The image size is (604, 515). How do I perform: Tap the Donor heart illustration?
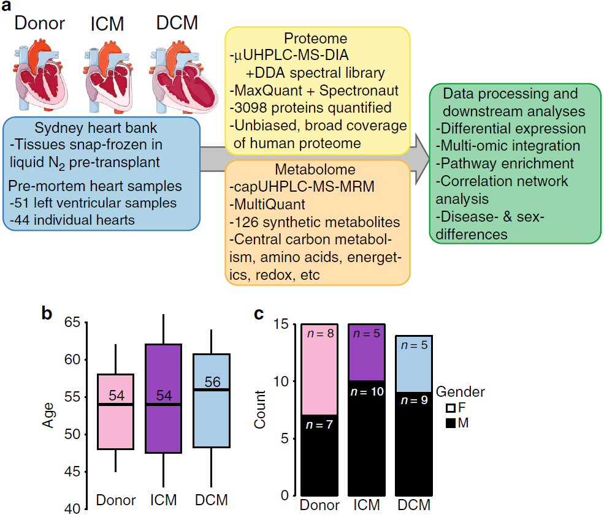pyautogui.click(x=40, y=75)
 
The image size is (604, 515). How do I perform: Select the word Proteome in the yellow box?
pyautogui.click(x=315, y=39)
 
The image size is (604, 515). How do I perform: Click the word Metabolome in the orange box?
pyautogui.click(x=315, y=169)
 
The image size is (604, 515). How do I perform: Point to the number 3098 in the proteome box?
pyautogui.click(x=251, y=108)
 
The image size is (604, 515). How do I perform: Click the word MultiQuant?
pyautogui.click(x=270, y=205)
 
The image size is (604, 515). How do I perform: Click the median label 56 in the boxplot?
pyautogui.click(x=212, y=382)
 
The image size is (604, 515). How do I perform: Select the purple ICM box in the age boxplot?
pyautogui.click(x=163, y=399)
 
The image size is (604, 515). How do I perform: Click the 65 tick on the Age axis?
pyautogui.click(x=72, y=322)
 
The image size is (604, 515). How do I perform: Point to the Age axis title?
pyautogui.click(x=48, y=415)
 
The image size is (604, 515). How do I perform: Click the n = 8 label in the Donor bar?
pyautogui.click(x=320, y=334)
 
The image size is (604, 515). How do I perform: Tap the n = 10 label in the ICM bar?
pyautogui.click(x=367, y=391)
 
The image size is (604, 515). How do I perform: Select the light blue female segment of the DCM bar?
pyautogui.click(x=414, y=364)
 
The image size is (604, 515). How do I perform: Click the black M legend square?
pyautogui.click(x=450, y=423)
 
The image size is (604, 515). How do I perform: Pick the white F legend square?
pyautogui.click(x=450, y=408)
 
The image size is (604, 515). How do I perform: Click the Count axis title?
pyautogui.click(x=259, y=410)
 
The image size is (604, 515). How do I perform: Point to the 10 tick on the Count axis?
pyautogui.click(x=281, y=381)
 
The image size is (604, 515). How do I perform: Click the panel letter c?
pyautogui.click(x=259, y=314)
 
